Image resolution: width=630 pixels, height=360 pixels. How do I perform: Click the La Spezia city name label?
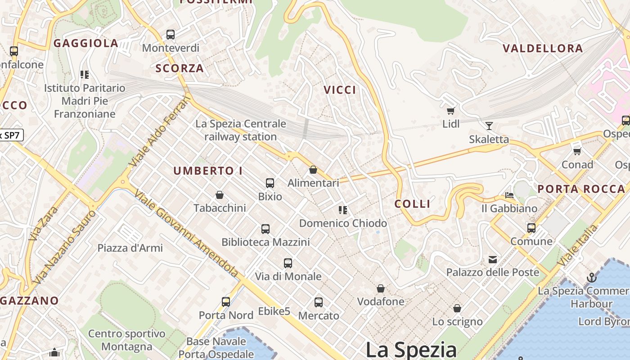pos(411,350)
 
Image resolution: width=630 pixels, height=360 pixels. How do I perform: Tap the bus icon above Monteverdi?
pos(171,35)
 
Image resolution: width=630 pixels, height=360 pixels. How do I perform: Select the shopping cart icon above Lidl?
pos(450,111)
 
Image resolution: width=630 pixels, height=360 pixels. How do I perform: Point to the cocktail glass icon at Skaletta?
pos(489,126)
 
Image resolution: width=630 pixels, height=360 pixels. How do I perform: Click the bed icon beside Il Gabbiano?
pos(509,195)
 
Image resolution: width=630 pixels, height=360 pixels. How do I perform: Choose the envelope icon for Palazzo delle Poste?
pos(493,259)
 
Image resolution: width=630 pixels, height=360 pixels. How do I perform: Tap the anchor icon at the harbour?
pos(591,278)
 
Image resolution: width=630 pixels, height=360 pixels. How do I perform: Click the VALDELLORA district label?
pos(543,49)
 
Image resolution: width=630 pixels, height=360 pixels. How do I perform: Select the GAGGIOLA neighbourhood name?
pos(86,44)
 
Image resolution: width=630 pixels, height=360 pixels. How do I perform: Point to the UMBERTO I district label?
pos(208,171)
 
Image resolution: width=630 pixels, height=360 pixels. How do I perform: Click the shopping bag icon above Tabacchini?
pos(220,195)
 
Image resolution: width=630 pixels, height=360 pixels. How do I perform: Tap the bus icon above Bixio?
pos(270,183)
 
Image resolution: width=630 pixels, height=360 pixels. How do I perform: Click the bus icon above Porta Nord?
pos(226,302)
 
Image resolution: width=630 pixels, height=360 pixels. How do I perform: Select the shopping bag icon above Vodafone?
pos(381,288)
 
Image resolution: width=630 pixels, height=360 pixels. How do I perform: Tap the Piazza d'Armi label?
pos(130,248)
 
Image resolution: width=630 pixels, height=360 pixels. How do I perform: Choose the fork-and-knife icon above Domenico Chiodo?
pos(343,210)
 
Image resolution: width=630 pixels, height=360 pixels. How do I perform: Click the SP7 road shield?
pos(11,135)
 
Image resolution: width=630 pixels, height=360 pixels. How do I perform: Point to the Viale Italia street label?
pos(578,245)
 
